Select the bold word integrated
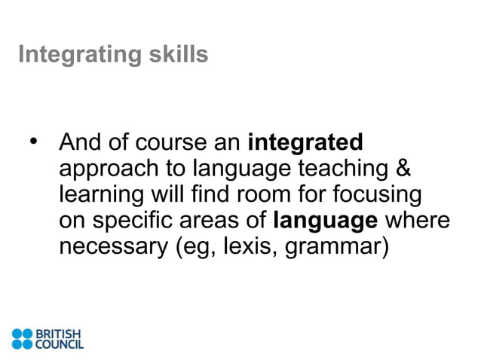click(305, 142)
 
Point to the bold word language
click(325, 221)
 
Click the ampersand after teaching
click(404, 168)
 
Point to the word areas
click(212, 221)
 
